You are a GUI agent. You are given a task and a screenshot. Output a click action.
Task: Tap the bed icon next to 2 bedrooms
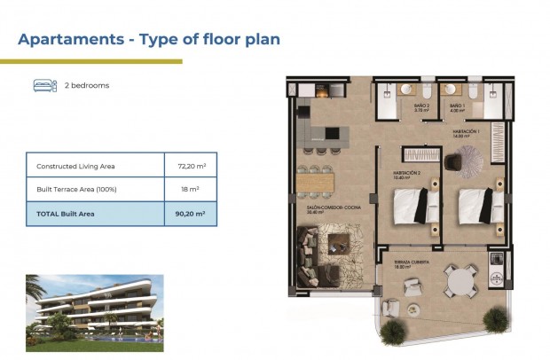point(43,85)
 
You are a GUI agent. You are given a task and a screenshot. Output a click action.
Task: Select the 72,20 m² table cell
point(190,166)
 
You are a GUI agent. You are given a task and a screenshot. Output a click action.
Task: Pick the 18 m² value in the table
point(190,189)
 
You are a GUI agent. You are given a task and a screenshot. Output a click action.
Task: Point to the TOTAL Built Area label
point(65,214)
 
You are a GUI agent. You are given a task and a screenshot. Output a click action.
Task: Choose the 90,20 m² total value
point(190,214)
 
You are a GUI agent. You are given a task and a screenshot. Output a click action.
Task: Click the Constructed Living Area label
point(75,166)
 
